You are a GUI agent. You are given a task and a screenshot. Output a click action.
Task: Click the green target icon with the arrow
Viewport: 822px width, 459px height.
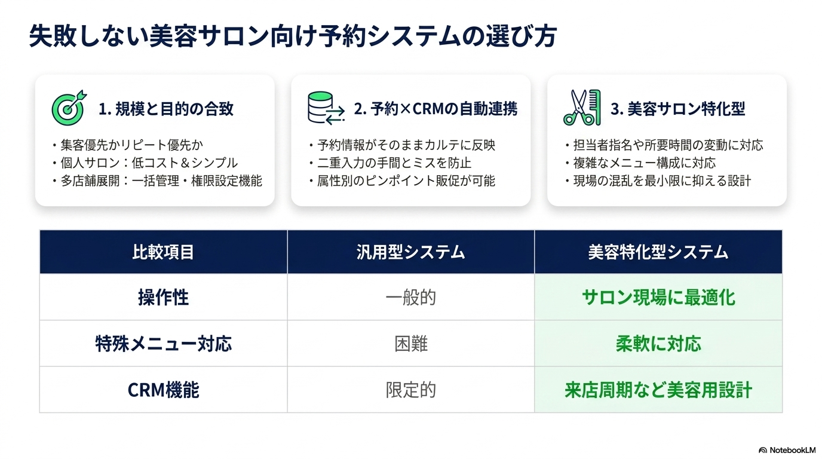tap(69, 108)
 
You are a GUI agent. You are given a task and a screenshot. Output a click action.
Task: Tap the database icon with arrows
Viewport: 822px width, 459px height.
tap(326, 108)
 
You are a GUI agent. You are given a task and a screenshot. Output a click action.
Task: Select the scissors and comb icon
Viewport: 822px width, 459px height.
tap(582, 108)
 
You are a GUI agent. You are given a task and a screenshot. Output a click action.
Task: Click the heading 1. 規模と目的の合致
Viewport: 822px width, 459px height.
tap(166, 109)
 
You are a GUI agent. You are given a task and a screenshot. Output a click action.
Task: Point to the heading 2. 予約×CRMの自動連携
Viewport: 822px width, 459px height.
tap(435, 109)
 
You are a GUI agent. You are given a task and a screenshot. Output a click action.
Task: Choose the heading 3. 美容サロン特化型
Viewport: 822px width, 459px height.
tap(678, 109)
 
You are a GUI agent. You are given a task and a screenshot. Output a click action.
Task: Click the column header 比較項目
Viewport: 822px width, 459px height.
tap(163, 252)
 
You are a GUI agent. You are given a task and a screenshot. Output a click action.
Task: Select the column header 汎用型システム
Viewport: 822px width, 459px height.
tap(410, 252)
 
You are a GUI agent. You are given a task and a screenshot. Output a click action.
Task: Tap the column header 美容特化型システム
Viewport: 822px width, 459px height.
tap(658, 252)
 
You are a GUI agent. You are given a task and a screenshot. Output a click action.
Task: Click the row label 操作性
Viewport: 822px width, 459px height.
tap(163, 298)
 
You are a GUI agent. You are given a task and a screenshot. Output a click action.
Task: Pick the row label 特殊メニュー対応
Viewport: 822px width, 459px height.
tap(163, 344)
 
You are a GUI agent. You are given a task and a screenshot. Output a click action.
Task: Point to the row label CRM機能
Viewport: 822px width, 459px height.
tap(163, 390)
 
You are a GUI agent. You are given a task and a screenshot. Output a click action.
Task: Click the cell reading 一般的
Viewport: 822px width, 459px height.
tap(410, 298)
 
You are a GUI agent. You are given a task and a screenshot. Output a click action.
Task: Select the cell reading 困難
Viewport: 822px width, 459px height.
tap(410, 344)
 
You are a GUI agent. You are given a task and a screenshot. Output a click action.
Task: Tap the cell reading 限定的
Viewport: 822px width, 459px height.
tap(410, 390)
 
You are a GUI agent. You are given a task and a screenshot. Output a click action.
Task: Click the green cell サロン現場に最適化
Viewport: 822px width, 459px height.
tap(658, 298)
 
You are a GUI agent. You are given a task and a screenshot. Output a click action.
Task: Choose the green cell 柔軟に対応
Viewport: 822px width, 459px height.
tap(658, 344)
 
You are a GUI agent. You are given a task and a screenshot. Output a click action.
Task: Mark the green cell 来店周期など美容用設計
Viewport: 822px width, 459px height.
tap(658, 390)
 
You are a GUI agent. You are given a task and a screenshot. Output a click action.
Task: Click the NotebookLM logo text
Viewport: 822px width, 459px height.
tap(792, 450)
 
